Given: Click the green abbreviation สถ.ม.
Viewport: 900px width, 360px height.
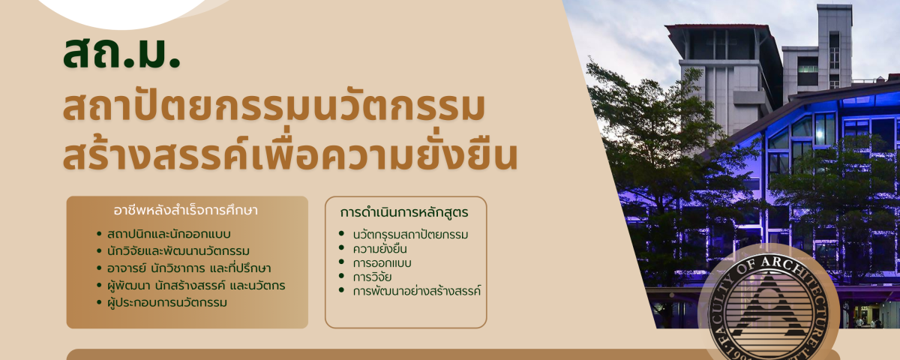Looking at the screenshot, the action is click(x=121, y=53).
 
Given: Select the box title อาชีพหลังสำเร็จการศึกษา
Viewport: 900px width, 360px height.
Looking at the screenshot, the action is click(x=186, y=211).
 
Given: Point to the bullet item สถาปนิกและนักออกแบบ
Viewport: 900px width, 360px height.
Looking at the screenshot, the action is click(x=169, y=234).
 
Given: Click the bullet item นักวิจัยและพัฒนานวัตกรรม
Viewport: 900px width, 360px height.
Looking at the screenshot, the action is click(x=178, y=251).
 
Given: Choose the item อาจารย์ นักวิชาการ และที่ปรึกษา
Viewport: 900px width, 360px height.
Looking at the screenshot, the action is click(x=189, y=268).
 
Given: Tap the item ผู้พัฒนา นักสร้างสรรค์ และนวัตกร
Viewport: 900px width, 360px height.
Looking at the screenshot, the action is click(x=196, y=285).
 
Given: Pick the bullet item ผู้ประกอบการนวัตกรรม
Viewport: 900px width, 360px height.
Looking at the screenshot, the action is click(x=167, y=302).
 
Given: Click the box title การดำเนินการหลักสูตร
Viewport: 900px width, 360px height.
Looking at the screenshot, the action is click(x=404, y=212).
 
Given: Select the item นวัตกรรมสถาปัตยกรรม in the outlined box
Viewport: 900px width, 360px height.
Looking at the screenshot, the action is click(x=411, y=234).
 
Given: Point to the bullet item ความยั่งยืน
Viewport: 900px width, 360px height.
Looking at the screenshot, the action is click(x=380, y=249).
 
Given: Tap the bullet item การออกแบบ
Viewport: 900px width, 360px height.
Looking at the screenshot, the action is click(x=382, y=263).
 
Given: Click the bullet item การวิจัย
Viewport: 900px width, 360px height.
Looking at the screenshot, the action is click(x=373, y=277).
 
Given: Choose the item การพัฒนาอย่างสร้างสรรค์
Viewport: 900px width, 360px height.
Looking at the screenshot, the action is click(x=417, y=291).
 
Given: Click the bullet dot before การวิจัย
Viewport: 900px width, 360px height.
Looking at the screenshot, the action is click(x=341, y=276).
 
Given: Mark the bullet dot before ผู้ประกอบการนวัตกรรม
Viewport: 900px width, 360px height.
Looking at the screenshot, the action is click(x=99, y=302).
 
